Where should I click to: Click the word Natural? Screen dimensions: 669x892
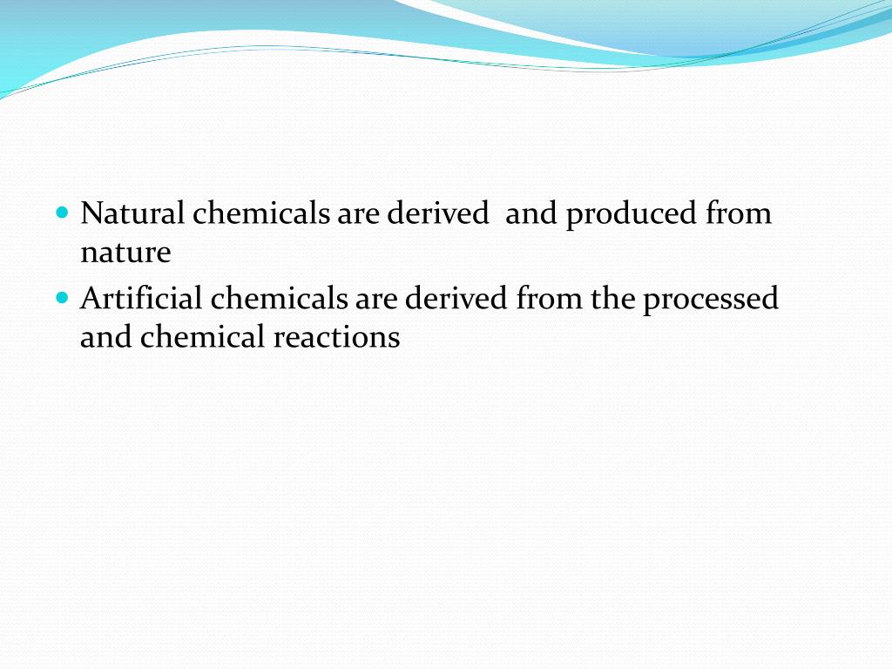pyautogui.click(x=132, y=213)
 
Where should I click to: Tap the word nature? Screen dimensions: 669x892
pyautogui.click(x=125, y=253)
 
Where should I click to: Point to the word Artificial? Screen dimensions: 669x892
pyautogui.click(x=141, y=299)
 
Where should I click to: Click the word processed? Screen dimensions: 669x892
pyautogui.click(x=711, y=300)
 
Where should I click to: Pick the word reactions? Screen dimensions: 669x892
pyautogui.click(x=336, y=337)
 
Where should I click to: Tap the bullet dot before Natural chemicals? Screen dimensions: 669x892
pyautogui.click(x=61, y=212)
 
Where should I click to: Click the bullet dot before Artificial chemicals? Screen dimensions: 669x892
pyautogui.click(x=61, y=297)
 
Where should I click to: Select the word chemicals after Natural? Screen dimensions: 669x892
pyautogui.click(x=261, y=213)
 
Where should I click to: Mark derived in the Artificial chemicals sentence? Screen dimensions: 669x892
pyautogui.click(x=456, y=299)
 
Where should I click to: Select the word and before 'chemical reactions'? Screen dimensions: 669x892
pyautogui.click(x=105, y=337)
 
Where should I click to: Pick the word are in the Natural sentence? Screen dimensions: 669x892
pyautogui.click(x=359, y=214)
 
